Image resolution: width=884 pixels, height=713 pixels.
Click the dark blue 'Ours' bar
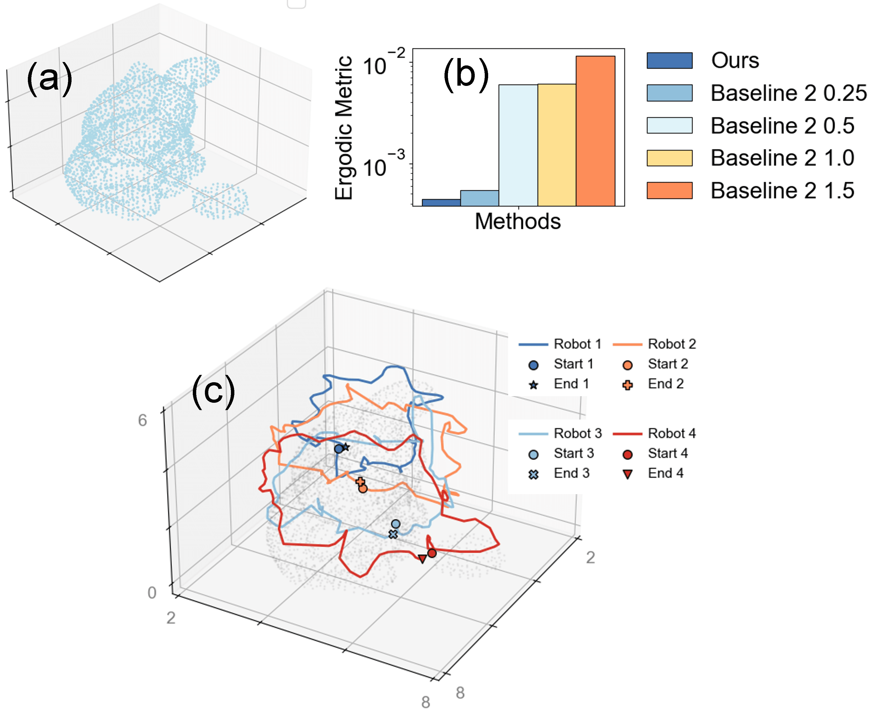[x=441, y=203]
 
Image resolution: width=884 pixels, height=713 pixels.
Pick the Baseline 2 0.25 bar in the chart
[x=479, y=198]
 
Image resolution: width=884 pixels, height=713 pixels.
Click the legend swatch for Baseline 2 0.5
[x=669, y=125]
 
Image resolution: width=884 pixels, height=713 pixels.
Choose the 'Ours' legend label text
[x=735, y=60]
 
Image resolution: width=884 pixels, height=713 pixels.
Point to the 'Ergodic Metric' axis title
[x=344, y=128]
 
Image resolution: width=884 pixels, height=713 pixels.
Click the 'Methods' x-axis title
[x=518, y=221]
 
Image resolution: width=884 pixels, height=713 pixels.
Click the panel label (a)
[x=49, y=79]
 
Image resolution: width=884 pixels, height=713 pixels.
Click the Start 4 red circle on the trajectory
[x=432, y=553]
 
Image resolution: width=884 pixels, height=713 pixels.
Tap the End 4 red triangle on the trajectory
[x=422, y=558]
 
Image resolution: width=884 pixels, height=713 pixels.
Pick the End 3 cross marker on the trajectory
[x=393, y=534]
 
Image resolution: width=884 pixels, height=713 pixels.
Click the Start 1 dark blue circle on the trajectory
[x=339, y=449]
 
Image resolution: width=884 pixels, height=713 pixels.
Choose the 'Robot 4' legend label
[x=672, y=433]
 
